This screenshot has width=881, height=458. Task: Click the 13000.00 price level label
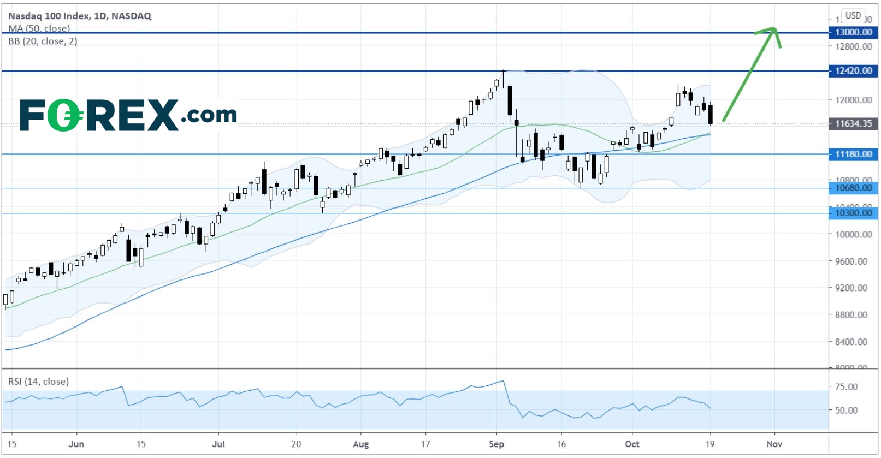[x=853, y=32]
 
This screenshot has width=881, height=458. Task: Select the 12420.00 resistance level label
[x=853, y=70]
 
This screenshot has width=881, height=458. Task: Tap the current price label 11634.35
[x=853, y=123]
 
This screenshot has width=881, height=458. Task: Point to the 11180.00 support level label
[x=853, y=154]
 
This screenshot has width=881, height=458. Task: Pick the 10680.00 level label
[x=853, y=188]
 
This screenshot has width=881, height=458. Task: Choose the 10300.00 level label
[x=853, y=213]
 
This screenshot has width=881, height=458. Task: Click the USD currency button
[x=853, y=15]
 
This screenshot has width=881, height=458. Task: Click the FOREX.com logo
[x=128, y=115]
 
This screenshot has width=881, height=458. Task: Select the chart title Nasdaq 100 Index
[x=80, y=16]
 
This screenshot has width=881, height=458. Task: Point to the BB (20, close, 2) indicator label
[x=43, y=41]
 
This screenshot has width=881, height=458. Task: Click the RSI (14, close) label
[x=39, y=382]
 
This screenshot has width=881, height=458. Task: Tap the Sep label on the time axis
[x=496, y=444]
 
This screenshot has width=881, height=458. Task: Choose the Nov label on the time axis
[x=774, y=444]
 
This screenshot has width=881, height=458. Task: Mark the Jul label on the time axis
[x=218, y=444]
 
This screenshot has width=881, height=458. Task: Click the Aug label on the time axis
[x=361, y=444]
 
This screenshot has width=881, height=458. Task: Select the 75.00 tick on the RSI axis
[x=846, y=387]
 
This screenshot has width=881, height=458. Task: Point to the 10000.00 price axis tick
[x=850, y=235]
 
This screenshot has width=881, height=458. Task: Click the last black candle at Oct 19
[x=711, y=114]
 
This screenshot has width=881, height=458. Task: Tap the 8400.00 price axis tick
[x=850, y=342]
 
